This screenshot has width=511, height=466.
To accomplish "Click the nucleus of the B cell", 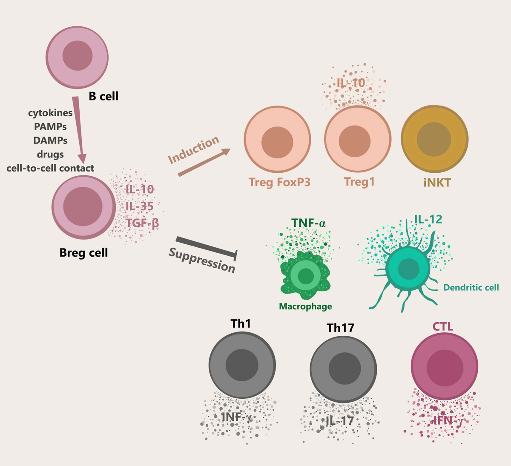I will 78,56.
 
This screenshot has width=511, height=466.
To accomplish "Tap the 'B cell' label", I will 103,97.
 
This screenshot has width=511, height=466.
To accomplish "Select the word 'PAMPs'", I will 50,127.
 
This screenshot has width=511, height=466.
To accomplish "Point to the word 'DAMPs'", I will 50,140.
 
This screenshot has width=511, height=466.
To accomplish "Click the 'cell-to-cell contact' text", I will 50,168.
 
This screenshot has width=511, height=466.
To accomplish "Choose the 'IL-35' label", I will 140,206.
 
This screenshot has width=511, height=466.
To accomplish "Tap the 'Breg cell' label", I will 83,253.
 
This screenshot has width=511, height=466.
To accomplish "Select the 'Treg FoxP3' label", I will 279,183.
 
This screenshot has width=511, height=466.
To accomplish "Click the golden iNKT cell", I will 434,139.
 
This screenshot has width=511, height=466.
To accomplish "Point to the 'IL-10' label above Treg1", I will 351,83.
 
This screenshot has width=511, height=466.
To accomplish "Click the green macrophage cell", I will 305,276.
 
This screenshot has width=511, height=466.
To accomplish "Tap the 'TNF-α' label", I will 308,223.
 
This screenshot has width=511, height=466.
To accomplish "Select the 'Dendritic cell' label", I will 471,288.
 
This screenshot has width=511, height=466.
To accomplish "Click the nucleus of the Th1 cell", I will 242,365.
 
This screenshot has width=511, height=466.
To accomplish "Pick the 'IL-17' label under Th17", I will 340,421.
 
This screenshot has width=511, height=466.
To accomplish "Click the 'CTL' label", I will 443,327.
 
